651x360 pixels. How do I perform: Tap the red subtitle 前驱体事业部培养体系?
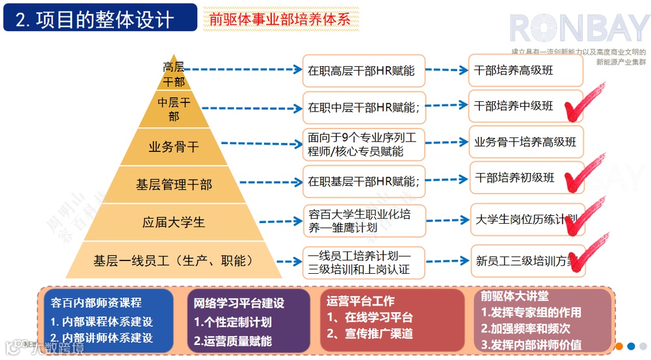click(x=280, y=19)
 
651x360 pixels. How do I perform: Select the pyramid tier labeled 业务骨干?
click(x=174, y=146)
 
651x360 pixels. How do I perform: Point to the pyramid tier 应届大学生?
click(x=174, y=222)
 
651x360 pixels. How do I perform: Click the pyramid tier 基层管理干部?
click(x=174, y=185)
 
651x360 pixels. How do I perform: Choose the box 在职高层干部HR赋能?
click(x=363, y=71)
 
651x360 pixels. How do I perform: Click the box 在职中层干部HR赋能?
click(x=363, y=108)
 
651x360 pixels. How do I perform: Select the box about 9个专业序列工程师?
click(x=363, y=145)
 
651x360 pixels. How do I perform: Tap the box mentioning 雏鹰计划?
click(x=363, y=221)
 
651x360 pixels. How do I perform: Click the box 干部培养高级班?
click(x=525, y=71)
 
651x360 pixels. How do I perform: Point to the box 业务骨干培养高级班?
click(x=525, y=142)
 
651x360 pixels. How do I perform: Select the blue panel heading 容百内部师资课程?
click(x=96, y=303)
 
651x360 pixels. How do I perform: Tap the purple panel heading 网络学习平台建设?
click(x=239, y=303)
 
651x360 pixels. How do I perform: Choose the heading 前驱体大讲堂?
click(x=515, y=296)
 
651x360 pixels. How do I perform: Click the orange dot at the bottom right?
click(x=619, y=346)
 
